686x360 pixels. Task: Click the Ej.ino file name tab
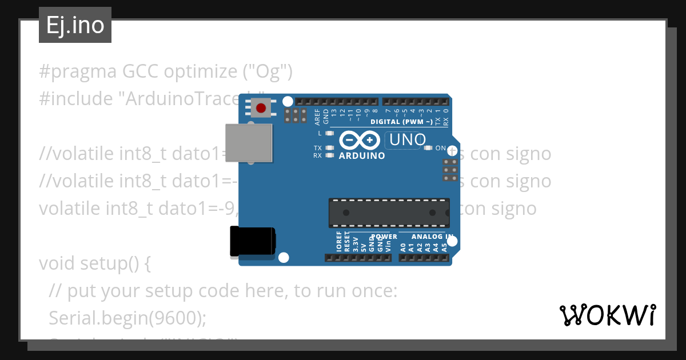75,26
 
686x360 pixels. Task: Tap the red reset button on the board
261,107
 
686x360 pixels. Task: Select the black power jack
252,241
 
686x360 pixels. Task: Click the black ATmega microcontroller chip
389,212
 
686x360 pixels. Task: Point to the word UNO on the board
406,139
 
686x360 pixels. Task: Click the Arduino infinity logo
360,140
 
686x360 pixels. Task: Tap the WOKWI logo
607,315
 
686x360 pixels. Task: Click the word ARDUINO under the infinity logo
362,155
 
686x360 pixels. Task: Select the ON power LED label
440,148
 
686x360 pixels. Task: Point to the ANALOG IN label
433,237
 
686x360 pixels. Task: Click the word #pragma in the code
77,72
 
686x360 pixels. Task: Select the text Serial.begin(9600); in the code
127,318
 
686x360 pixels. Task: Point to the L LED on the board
328,133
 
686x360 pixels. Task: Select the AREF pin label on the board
318,117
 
